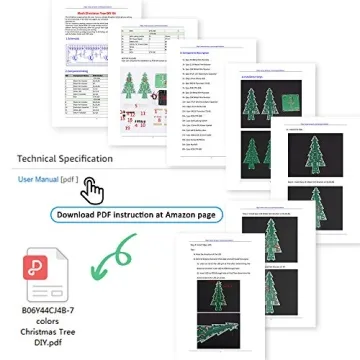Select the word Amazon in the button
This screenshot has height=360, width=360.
tap(178, 214)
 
